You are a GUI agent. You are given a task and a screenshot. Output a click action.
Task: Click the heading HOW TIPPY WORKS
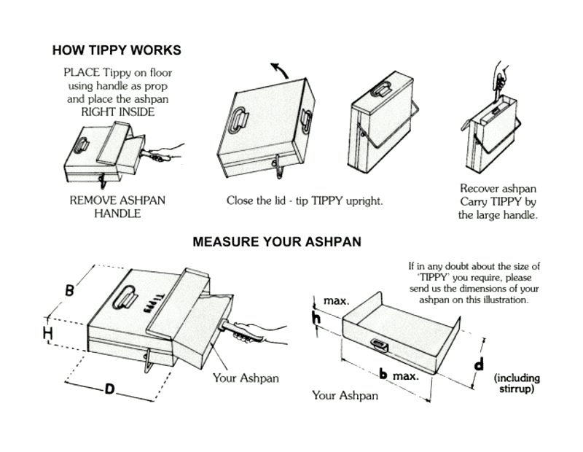tap(117, 50)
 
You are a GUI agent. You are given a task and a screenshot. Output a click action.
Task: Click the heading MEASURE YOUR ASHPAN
tap(276, 241)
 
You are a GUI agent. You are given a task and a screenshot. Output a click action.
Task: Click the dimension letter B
tap(69, 290)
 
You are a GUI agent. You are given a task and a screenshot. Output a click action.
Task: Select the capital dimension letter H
tap(47, 333)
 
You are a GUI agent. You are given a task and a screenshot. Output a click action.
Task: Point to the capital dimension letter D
tap(109, 389)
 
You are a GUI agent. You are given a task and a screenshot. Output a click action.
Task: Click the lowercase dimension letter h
tap(316, 317)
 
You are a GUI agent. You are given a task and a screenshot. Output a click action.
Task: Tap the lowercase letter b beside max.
tap(383, 375)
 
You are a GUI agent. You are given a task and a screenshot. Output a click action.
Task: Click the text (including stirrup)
tap(518, 383)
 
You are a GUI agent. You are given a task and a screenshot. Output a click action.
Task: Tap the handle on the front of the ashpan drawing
tap(379, 343)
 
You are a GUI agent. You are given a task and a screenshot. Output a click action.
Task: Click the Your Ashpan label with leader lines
tap(246, 378)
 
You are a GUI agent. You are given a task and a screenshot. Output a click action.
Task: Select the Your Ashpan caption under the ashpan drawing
tap(345, 396)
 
